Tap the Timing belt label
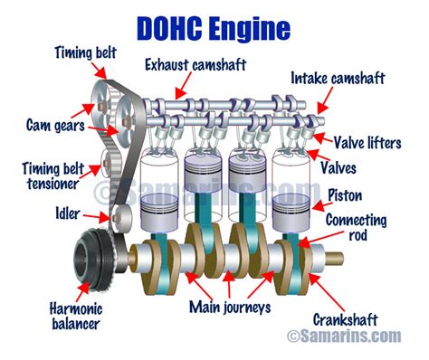(x=84, y=52)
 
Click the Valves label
(x=363, y=167)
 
